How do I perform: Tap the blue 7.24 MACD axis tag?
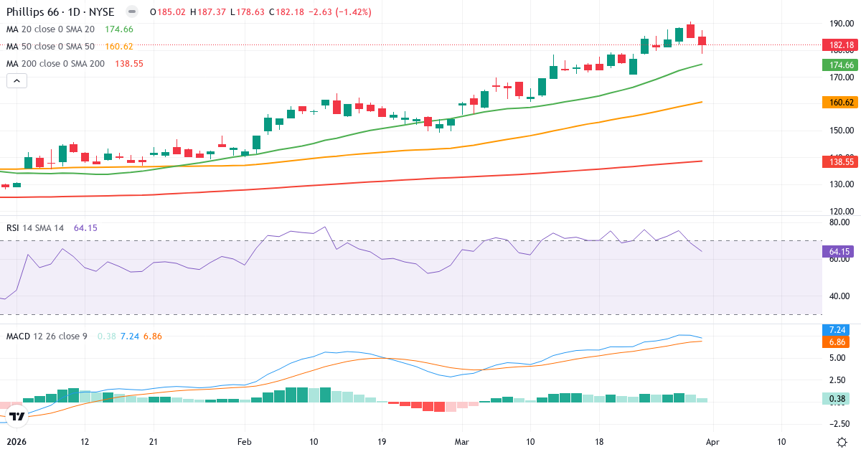click(837, 329)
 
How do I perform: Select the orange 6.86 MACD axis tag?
click(837, 342)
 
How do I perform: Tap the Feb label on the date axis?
click(245, 442)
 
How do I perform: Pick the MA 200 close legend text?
click(56, 63)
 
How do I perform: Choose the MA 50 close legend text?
click(50, 46)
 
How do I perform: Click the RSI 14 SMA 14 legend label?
click(35, 227)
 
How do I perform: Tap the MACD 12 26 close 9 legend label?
click(47, 336)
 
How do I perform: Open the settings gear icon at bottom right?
click(843, 442)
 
